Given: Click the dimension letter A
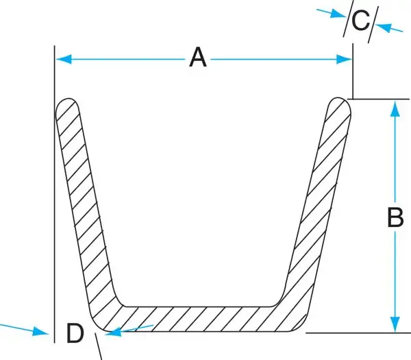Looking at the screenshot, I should tap(198, 58).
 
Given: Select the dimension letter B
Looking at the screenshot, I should tap(395, 217).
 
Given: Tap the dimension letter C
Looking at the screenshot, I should tap(360, 21).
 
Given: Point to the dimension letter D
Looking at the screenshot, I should tap(75, 334).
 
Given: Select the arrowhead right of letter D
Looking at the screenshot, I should tap(114, 333).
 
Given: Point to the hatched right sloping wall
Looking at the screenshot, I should tap(319, 206).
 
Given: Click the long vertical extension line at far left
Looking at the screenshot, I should tap(54, 206).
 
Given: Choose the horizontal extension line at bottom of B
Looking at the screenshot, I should tap(363, 333).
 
